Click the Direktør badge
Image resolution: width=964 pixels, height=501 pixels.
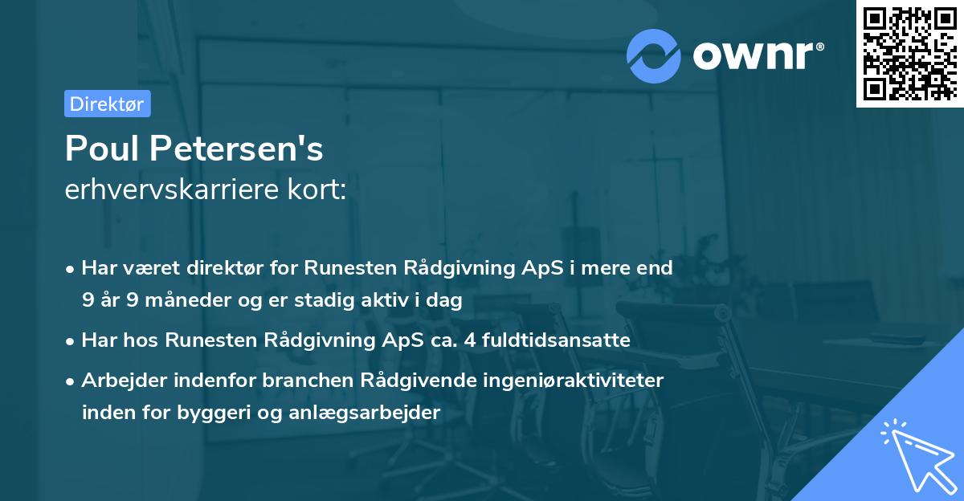(x=107, y=104)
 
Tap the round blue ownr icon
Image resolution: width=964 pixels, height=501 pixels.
(x=654, y=55)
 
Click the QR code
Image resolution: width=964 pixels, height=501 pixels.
(x=909, y=54)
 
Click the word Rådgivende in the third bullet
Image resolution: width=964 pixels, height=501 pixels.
(x=431, y=381)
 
